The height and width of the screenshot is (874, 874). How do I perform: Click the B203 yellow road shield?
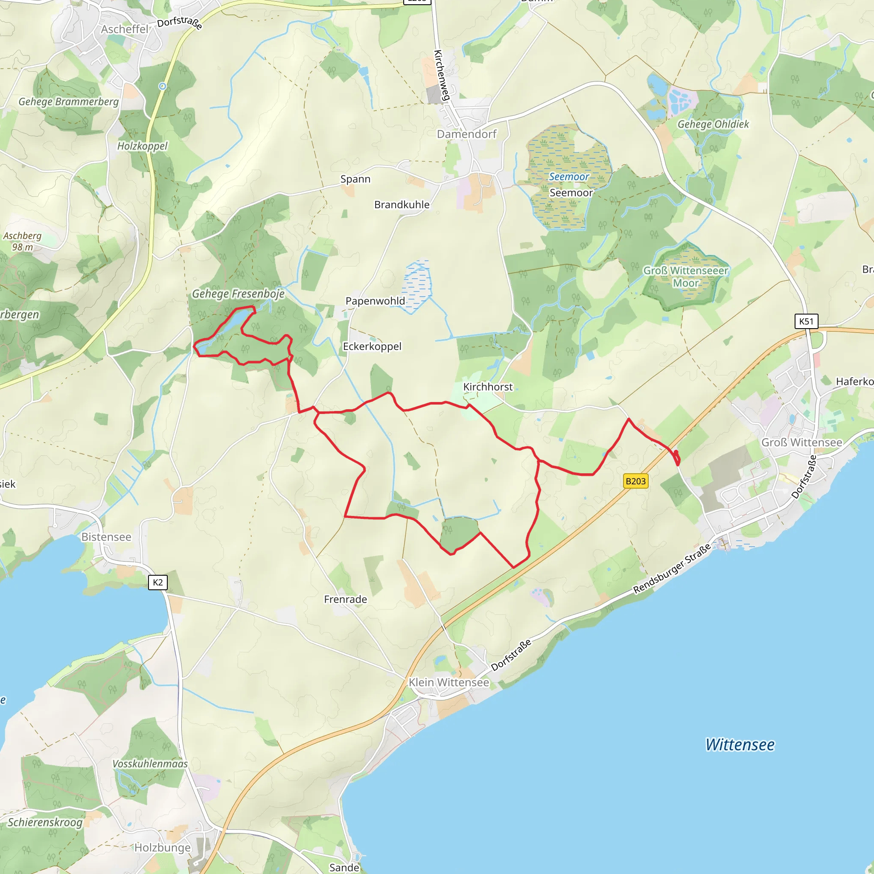(x=635, y=481)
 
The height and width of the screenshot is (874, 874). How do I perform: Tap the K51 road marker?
(x=806, y=321)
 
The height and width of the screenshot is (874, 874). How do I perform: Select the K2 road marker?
(x=157, y=582)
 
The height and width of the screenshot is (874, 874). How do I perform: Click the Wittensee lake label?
(x=740, y=745)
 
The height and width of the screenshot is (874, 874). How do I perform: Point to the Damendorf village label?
(x=466, y=134)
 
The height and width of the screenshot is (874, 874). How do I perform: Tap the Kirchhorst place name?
(x=488, y=387)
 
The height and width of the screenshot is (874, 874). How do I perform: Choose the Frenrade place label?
(x=345, y=600)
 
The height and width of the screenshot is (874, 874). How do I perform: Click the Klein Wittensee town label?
(x=449, y=682)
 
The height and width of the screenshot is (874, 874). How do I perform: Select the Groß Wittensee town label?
(x=801, y=443)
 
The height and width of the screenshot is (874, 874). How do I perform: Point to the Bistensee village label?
(x=106, y=537)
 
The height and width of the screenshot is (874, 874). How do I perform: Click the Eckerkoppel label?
(x=372, y=346)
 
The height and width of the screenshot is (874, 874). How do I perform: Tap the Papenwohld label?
(x=375, y=301)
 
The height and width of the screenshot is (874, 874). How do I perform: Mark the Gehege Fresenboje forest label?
(x=239, y=294)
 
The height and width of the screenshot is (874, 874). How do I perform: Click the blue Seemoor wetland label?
(x=568, y=177)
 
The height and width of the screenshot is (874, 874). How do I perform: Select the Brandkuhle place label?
(x=402, y=204)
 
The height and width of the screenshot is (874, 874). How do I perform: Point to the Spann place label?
(x=355, y=179)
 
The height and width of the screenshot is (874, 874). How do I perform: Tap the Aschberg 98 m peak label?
(x=22, y=241)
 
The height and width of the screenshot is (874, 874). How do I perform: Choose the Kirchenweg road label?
(x=442, y=75)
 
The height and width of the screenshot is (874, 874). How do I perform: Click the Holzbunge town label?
(x=163, y=847)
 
